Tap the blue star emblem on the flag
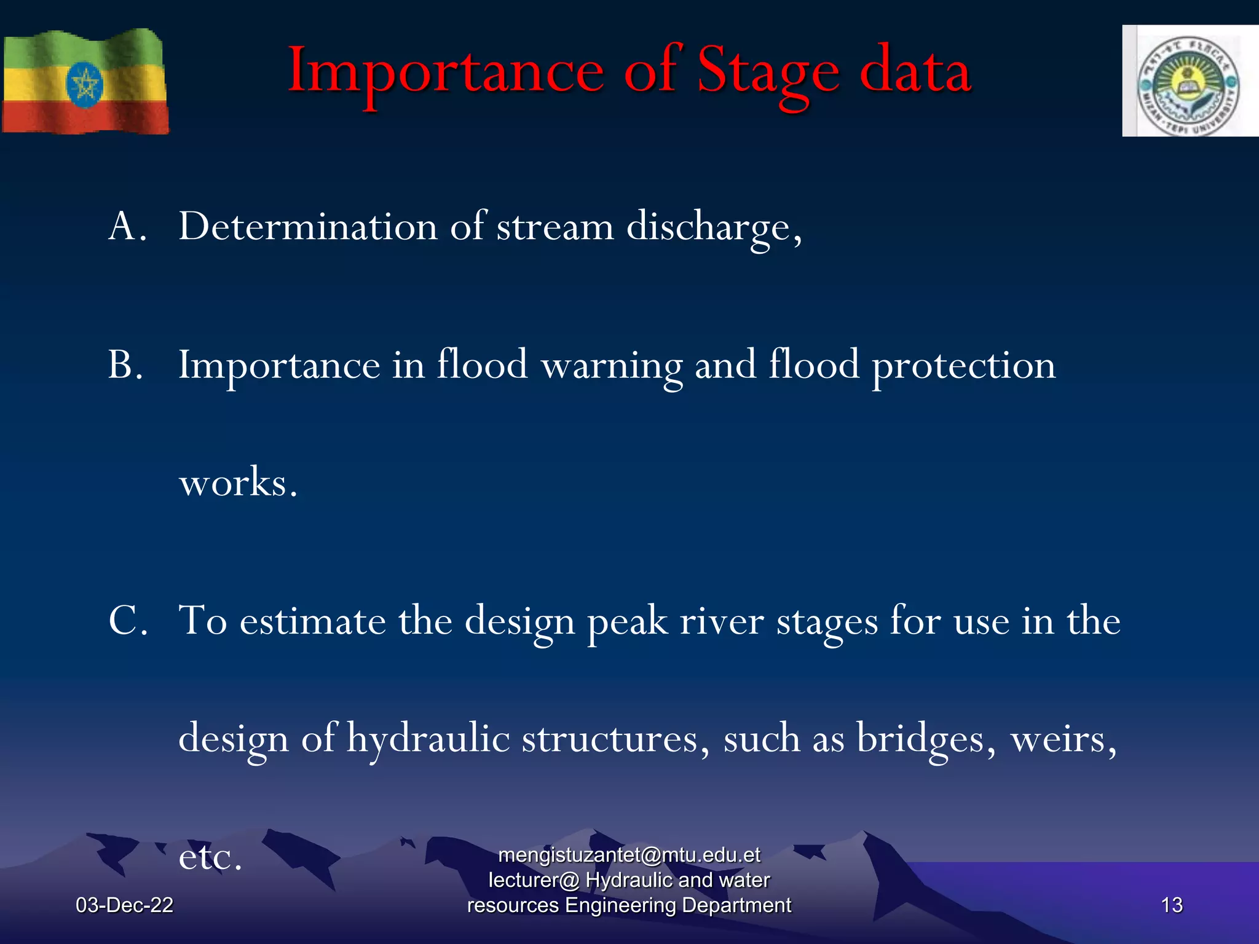[x=85, y=85]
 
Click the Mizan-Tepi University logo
[x=1189, y=81]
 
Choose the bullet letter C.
[x=127, y=620]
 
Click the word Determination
[x=307, y=226]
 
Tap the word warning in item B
[x=611, y=365]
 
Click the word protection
[x=963, y=365]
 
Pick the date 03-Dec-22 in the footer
[x=124, y=905]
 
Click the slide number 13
[x=1172, y=905]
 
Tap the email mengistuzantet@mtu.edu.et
[x=629, y=855]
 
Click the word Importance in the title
[x=446, y=73]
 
